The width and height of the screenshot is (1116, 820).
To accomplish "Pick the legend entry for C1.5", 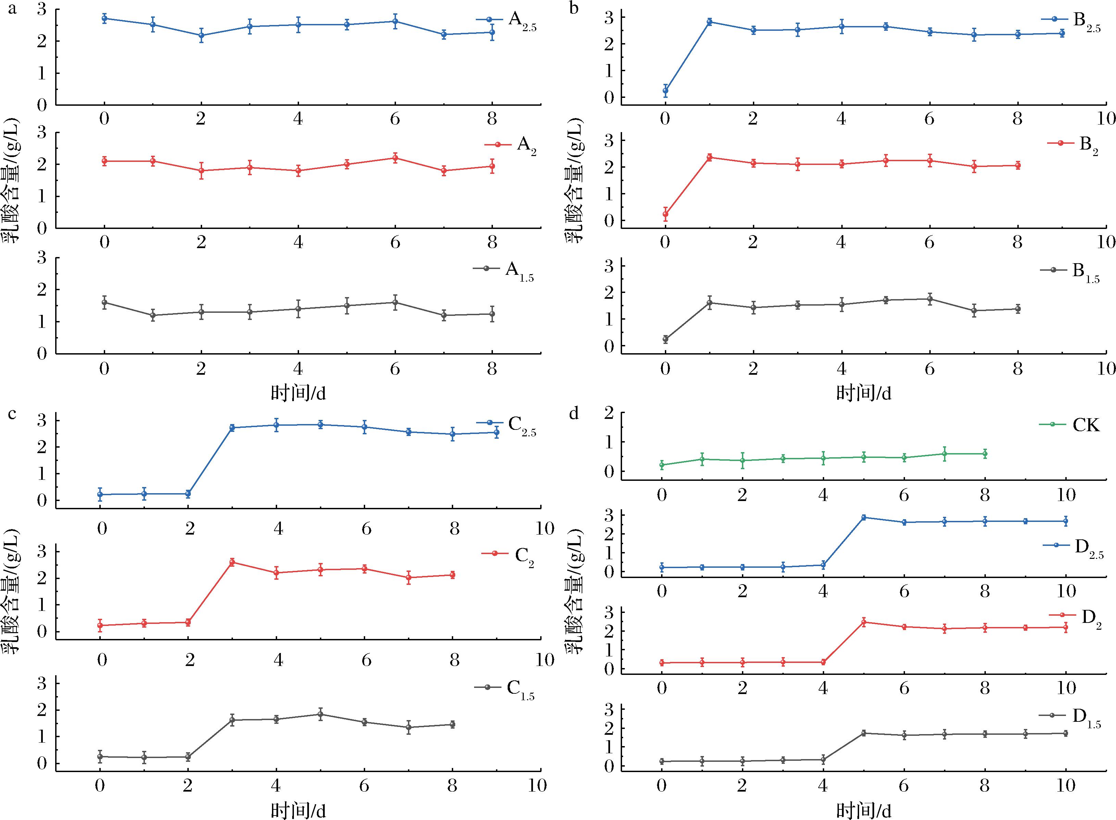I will (x=505, y=689).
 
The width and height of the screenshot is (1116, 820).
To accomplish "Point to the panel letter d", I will (x=574, y=413).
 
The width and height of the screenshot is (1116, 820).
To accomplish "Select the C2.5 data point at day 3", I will (x=232, y=427).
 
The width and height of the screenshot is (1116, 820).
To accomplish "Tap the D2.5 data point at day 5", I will (x=864, y=517).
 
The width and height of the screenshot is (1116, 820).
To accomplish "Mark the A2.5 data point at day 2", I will (x=201, y=35).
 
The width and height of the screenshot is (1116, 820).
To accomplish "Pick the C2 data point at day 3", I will (x=232, y=562).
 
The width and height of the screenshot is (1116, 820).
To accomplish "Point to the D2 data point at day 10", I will (x=1065, y=627).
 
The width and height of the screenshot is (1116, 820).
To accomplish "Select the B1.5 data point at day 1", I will (x=709, y=302).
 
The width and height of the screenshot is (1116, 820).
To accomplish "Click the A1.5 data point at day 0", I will (x=104, y=302).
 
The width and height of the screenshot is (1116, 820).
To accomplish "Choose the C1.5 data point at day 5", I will (x=320, y=714).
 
